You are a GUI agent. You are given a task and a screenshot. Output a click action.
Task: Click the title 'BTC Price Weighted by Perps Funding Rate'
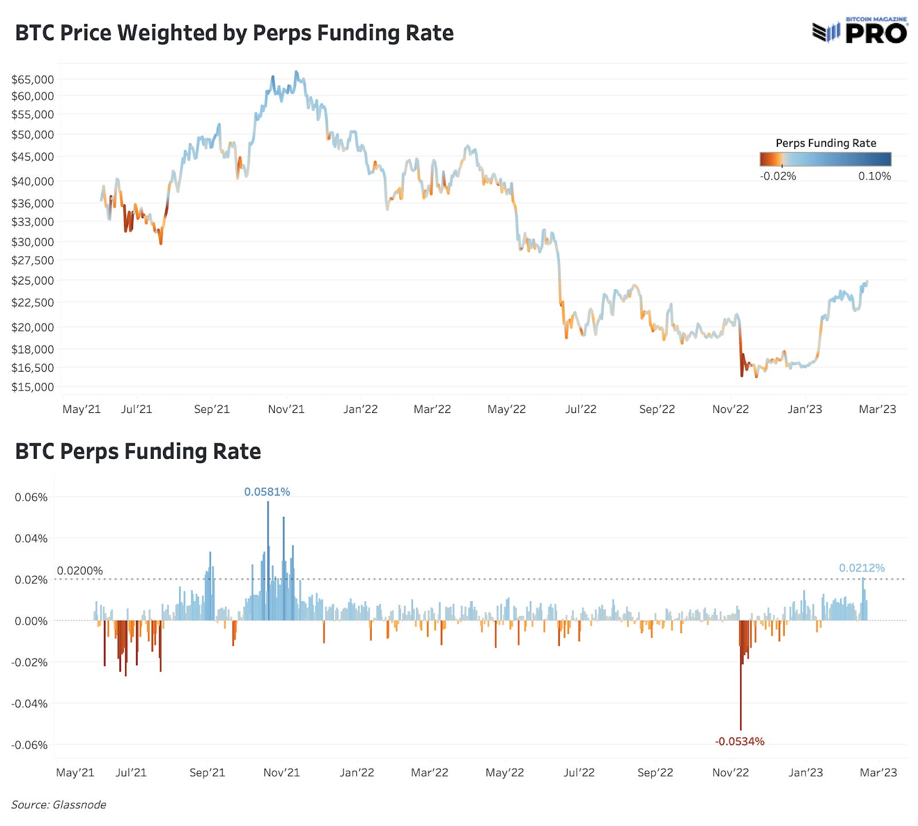click(x=234, y=33)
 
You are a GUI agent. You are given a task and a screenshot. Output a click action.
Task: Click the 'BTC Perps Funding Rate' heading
click(x=138, y=451)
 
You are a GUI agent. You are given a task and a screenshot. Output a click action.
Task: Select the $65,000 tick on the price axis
click(x=33, y=79)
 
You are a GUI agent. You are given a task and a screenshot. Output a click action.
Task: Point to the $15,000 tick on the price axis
click(x=33, y=387)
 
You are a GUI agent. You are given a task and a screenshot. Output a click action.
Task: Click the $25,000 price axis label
click(x=33, y=280)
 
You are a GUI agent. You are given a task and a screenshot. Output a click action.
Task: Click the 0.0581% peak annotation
click(x=267, y=492)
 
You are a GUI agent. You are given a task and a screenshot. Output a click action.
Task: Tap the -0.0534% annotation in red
click(x=740, y=741)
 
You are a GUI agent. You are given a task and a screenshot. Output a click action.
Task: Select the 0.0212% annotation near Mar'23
click(x=862, y=568)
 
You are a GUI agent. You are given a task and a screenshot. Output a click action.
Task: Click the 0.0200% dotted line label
click(x=80, y=571)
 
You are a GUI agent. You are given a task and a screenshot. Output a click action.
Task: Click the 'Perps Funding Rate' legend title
click(x=826, y=143)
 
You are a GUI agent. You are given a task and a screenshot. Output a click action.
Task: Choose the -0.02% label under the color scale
click(x=778, y=176)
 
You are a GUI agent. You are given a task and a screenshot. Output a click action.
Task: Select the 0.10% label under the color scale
click(x=874, y=176)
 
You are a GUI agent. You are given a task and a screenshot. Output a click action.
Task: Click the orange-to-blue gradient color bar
click(x=825, y=159)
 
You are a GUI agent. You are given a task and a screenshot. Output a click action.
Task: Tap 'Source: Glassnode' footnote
click(x=59, y=805)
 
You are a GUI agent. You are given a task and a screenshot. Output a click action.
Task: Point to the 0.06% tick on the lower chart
click(x=31, y=497)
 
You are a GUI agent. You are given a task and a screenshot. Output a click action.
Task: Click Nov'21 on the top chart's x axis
click(x=286, y=409)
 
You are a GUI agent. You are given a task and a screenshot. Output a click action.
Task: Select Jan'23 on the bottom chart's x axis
click(x=806, y=773)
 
